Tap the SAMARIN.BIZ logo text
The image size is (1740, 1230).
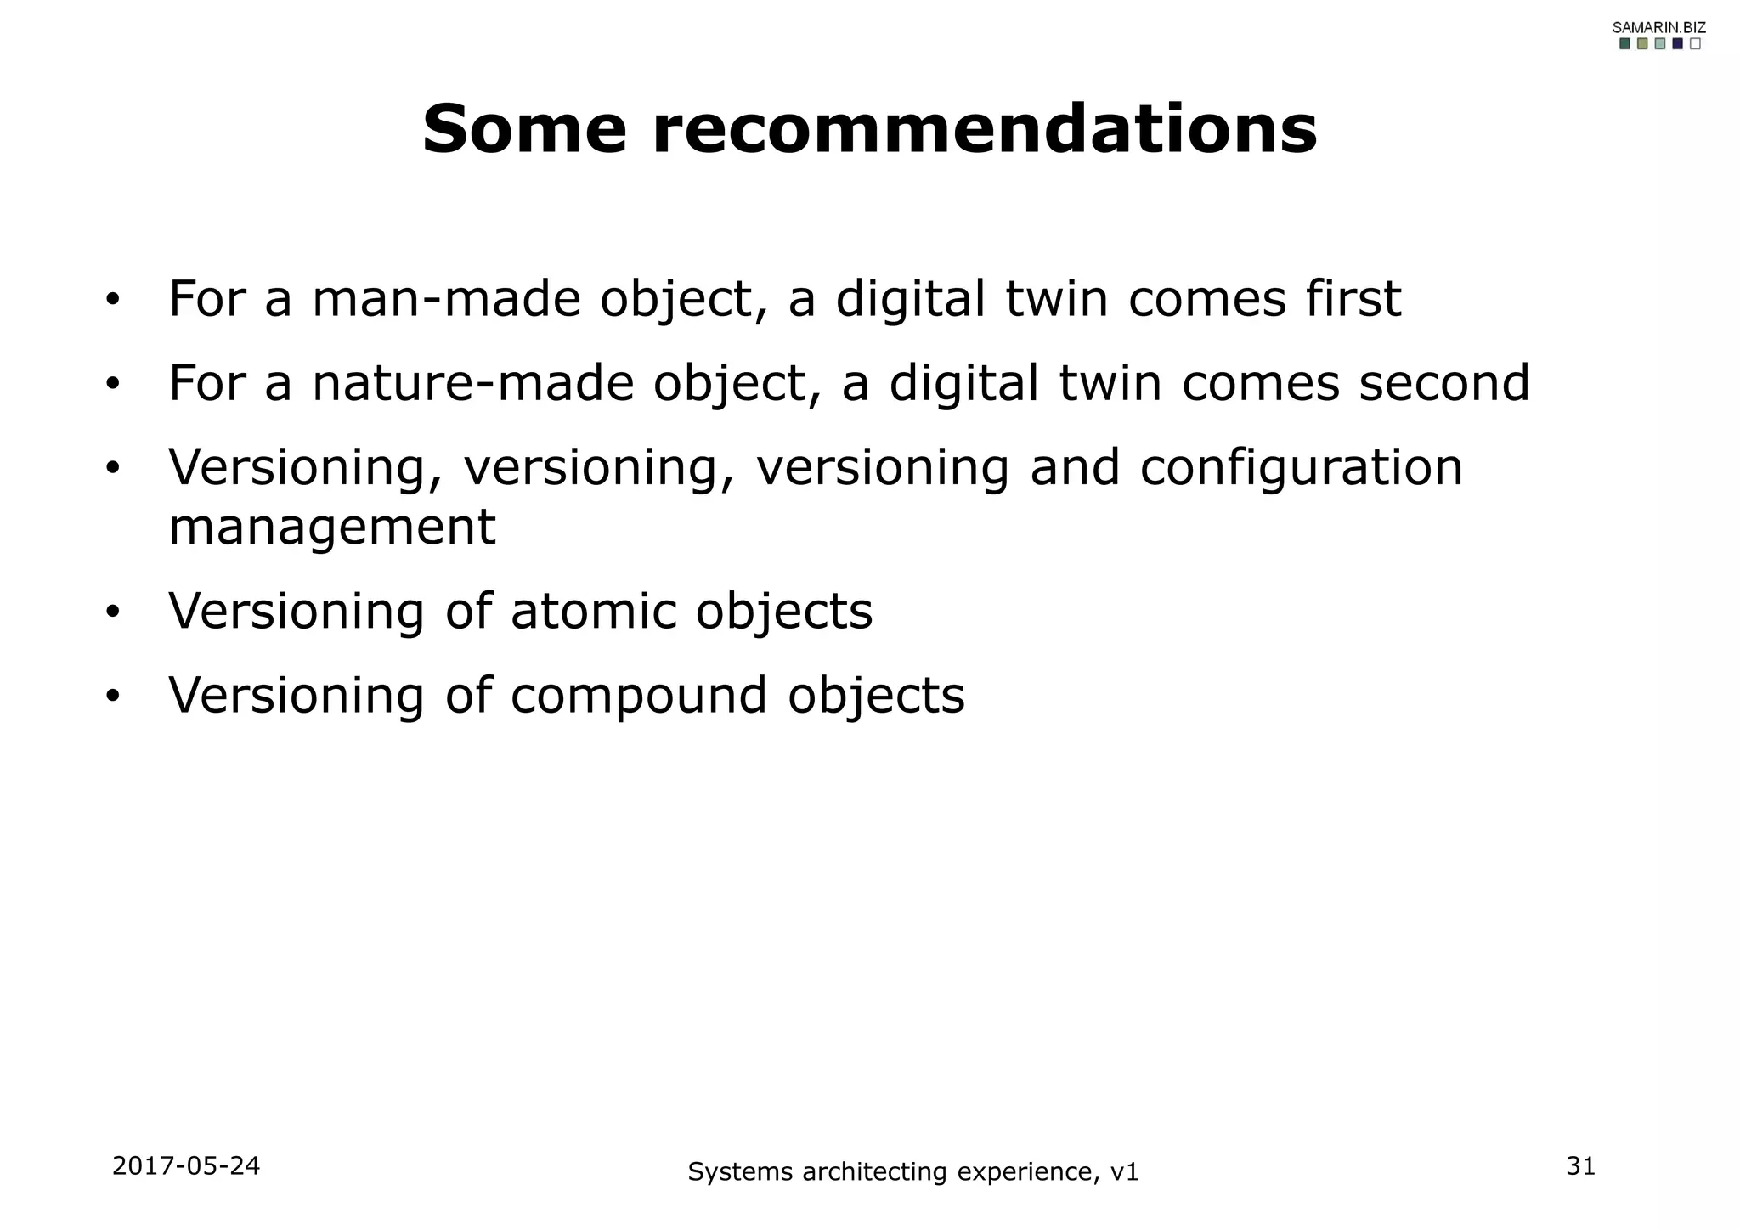click(1658, 27)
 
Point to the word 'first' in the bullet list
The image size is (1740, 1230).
click(1353, 299)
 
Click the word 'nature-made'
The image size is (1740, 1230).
click(473, 383)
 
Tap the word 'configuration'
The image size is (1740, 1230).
click(1301, 468)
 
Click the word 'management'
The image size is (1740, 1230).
click(332, 528)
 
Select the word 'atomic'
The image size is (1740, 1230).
click(594, 611)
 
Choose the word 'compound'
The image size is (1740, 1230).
click(640, 695)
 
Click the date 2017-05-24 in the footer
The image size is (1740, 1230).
click(186, 1166)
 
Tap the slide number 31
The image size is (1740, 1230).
click(1580, 1166)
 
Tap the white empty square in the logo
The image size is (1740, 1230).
click(1695, 44)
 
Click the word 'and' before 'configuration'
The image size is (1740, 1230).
click(1075, 468)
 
